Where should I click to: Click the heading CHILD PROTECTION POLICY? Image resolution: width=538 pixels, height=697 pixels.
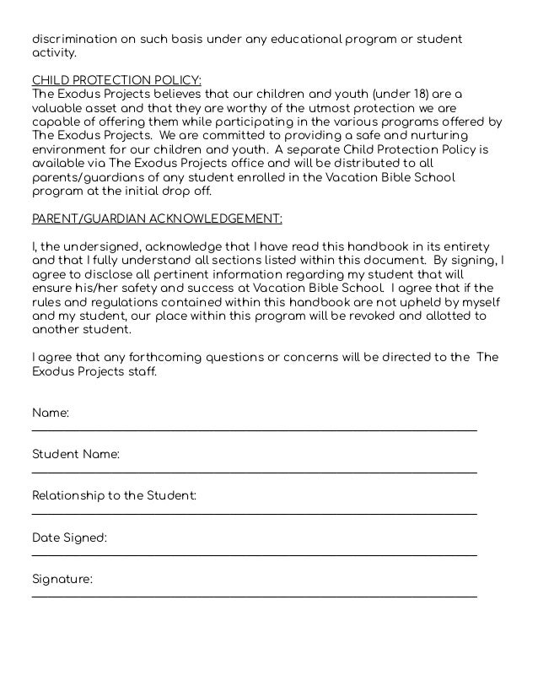(116, 80)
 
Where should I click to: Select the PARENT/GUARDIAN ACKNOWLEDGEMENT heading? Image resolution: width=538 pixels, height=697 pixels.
(157, 218)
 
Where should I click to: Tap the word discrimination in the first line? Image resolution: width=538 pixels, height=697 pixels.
(73, 40)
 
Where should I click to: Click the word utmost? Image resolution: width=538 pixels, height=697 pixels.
(329, 108)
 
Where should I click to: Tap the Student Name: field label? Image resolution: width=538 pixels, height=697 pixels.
(76, 455)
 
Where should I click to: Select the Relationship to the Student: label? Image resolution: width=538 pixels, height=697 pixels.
(114, 495)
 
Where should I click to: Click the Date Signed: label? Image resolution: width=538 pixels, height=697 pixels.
(69, 538)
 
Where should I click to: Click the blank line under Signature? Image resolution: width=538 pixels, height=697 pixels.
(254, 596)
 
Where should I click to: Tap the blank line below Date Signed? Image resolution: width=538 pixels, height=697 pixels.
(254, 554)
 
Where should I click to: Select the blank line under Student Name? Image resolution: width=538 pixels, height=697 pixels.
(254, 472)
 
